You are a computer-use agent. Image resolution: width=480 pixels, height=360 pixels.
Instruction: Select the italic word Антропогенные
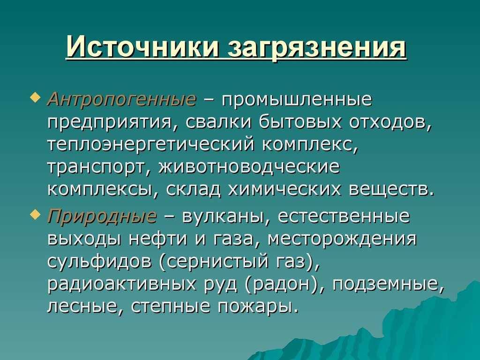121,99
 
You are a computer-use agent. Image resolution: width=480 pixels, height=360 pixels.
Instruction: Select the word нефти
157,239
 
